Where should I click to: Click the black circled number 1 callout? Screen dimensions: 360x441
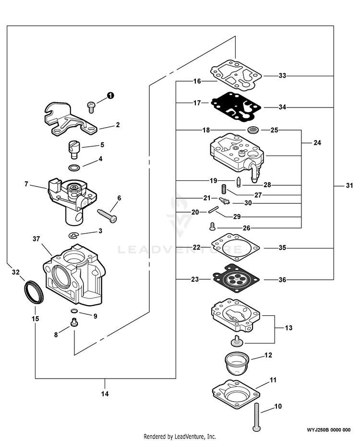111,95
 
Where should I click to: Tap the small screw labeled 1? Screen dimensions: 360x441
91,107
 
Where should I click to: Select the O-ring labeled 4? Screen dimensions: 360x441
74,168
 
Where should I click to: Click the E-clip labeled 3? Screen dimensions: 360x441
74,235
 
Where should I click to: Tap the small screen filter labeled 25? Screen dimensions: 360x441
253,130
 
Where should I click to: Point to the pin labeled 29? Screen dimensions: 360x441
213,210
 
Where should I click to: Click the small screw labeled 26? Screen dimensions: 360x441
213,226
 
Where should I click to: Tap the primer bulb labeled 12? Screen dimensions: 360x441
238,364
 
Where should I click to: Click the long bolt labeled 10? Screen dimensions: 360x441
257,417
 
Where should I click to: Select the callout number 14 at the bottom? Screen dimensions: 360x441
105,394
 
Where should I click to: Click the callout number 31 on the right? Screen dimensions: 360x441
349,185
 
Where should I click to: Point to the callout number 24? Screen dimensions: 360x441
317,143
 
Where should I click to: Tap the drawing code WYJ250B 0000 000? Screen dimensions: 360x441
329,430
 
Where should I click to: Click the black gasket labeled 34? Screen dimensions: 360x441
236,107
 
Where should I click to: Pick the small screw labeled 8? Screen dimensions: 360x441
74,322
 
